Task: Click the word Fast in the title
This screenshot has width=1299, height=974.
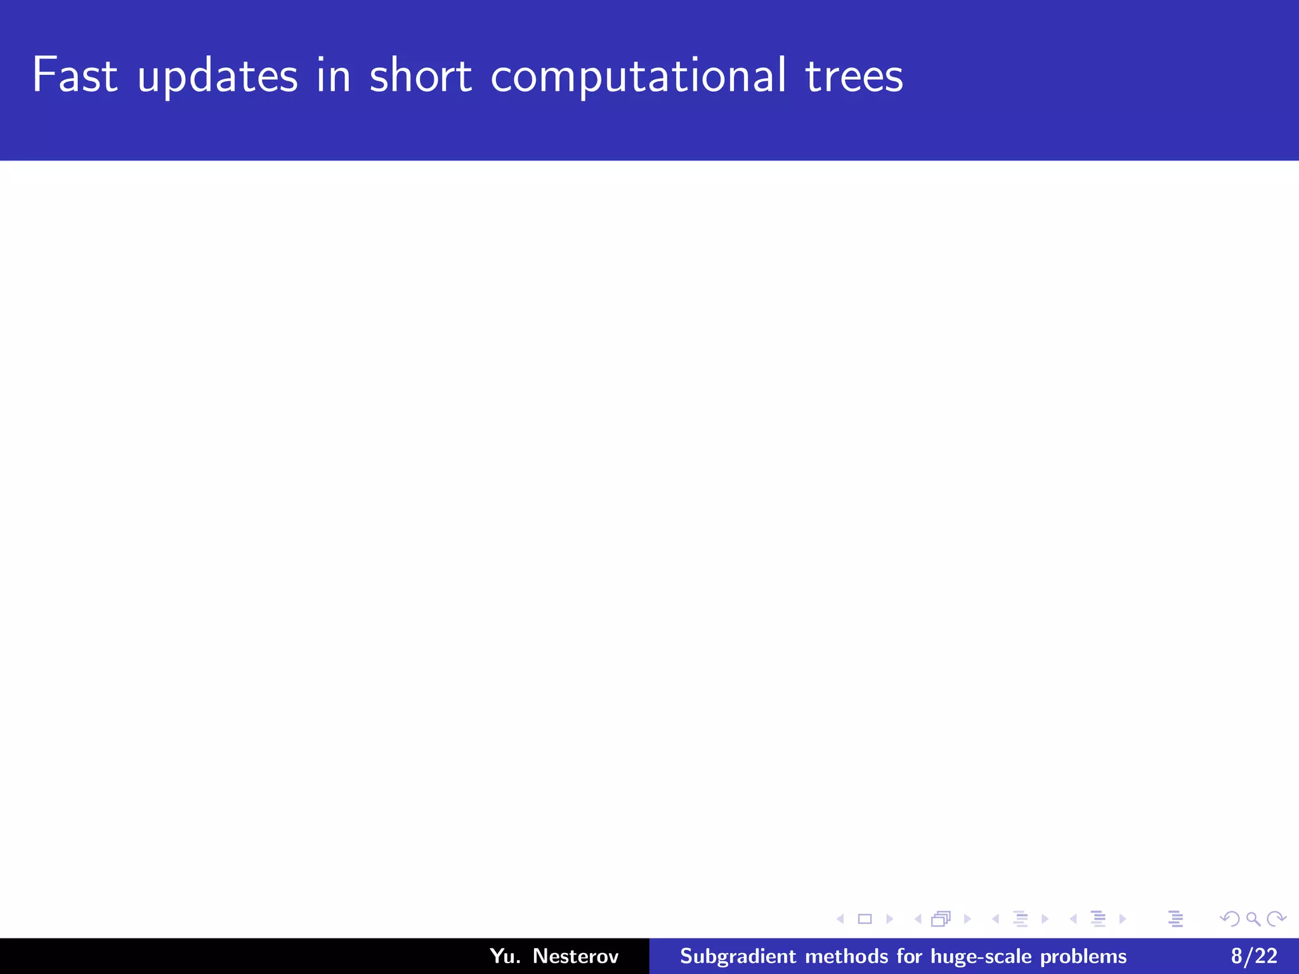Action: [x=75, y=75]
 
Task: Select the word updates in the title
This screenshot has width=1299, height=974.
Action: [x=218, y=77]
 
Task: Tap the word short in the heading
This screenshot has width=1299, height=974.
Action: [x=421, y=75]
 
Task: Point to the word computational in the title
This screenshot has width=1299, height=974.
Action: [x=638, y=77]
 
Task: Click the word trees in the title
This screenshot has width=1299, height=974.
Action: [x=854, y=75]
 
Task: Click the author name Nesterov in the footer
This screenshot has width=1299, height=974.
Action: [x=575, y=956]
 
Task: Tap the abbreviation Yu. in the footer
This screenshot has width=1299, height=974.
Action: [x=505, y=956]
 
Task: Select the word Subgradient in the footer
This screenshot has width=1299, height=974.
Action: [x=738, y=956]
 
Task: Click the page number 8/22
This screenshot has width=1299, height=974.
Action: [x=1254, y=956]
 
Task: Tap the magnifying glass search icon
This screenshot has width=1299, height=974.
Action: [x=1253, y=919]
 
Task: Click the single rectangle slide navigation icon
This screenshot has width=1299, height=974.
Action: [x=865, y=919]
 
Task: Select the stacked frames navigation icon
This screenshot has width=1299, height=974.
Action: [x=941, y=919]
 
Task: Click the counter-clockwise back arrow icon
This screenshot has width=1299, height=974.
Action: [x=1229, y=919]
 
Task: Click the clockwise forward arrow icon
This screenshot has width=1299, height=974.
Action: [x=1276, y=919]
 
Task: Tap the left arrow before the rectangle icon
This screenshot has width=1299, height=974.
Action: [x=840, y=919]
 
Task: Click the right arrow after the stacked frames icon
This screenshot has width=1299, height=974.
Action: [x=967, y=919]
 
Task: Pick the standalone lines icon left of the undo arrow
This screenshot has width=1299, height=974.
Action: [x=1175, y=919]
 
